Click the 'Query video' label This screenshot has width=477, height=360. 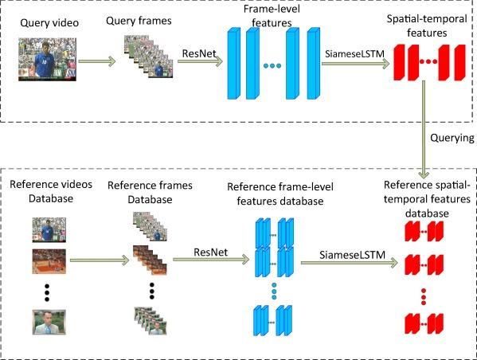pyautogui.click(x=49, y=23)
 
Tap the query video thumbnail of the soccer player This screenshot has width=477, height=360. pyautogui.click(x=47, y=60)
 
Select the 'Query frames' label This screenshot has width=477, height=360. pyautogui.click(x=139, y=21)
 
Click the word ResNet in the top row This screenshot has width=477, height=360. pyautogui.click(x=199, y=53)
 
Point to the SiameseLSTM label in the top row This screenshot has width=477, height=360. pyautogui.click(x=354, y=54)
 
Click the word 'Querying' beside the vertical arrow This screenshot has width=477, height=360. pyautogui.click(x=452, y=138)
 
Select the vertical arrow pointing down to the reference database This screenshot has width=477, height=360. pyautogui.click(x=424, y=129)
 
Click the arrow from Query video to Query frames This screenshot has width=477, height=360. pyautogui.click(x=97, y=61)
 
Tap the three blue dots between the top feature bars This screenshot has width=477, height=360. pyautogui.click(x=272, y=65)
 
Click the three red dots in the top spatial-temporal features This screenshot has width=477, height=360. pyautogui.click(x=428, y=61)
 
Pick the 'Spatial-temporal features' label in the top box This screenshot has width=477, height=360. pyautogui.click(x=427, y=25)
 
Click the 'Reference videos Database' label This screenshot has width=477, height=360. pyautogui.click(x=51, y=191)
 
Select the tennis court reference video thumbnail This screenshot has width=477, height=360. pyautogui.click(x=49, y=261)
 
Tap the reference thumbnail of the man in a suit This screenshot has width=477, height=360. pyautogui.click(x=49, y=323)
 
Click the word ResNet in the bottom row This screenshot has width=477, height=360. pyautogui.click(x=210, y=252)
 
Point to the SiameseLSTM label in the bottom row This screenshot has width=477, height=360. pyautogui.click(x=352, y=255)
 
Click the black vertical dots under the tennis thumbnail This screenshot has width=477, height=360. pyautogui.click(x=47, y=292)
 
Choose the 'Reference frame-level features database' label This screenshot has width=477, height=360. pyautogui.click(x=280, y=194)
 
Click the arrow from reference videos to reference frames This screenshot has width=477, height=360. pyautogui.click(x=100, y=260)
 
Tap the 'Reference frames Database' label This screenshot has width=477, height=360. pyautogui.click(x=150, y=192)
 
